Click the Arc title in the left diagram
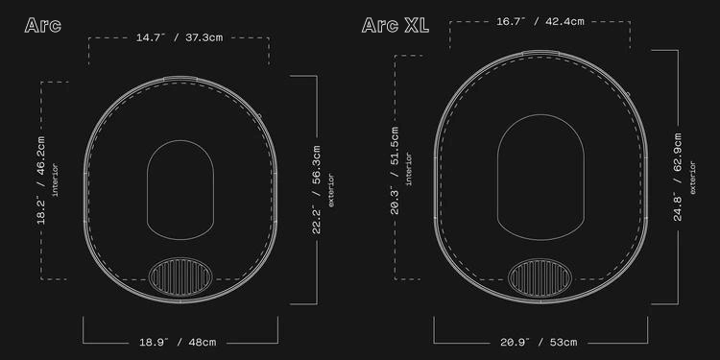click(x=42, y=25)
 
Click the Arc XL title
click(x=396, y=25)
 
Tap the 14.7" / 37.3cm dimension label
click(x=180, y=37)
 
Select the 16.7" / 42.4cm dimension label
click(x=540, y=21)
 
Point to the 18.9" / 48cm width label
click(x=178, y=342)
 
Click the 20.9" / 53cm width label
click(x=539, y=342)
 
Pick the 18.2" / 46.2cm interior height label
click(x=41, y=180)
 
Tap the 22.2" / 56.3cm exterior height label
click(x=317, y=190)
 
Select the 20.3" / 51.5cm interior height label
click(x=395, y=170)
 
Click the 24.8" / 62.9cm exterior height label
click(x=678, y=178)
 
